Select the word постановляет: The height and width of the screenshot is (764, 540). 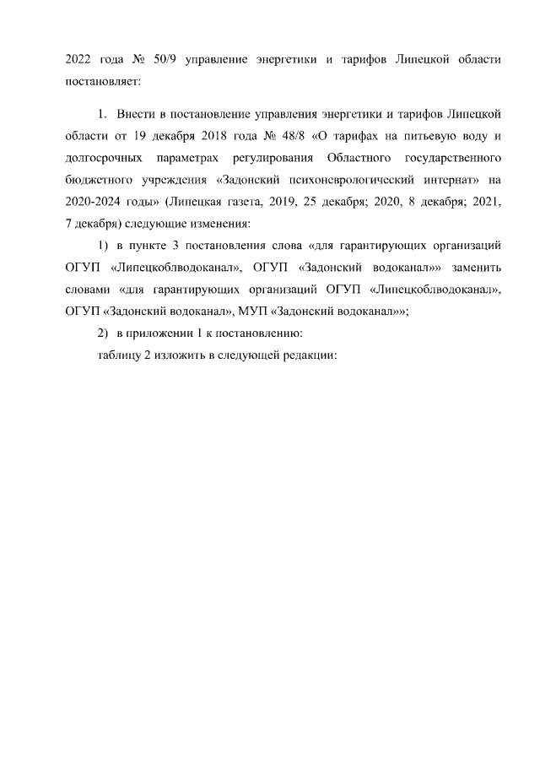click(x=104, y=82)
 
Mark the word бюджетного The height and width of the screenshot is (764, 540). click(x=99, y=179)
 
